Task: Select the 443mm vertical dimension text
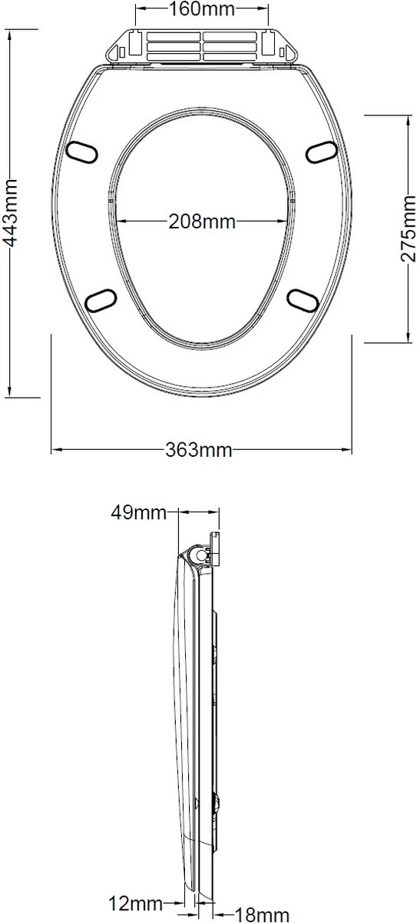(11, 212)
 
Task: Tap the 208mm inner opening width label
(202, 222)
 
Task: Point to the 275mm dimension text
(407, 228)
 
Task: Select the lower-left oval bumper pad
(99, 298)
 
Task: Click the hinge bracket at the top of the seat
(204, 47)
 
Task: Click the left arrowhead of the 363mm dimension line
(56, 449)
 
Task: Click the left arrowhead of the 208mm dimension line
(121, 222)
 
